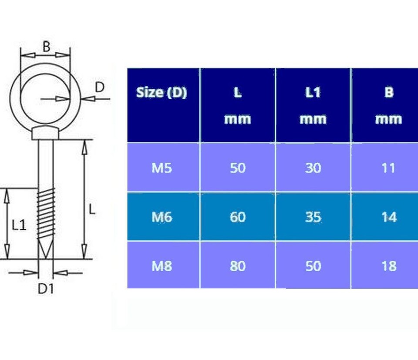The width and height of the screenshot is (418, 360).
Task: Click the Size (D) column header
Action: click(x=162, y=93)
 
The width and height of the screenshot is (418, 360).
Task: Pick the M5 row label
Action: click(x=162, y=168)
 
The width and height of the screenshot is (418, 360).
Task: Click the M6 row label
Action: click(x=162, y=217)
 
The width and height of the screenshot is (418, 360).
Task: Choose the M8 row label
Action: click(x=162, y=266)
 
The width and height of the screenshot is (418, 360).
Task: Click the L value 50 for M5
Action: click(x=238, y=168)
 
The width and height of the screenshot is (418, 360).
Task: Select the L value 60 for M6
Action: click(x=238, y=217)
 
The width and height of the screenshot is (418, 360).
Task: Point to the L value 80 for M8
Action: click(x=238, y=266)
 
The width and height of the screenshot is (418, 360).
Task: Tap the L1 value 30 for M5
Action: click(x=313, y=168)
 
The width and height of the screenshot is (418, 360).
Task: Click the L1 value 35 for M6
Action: click(x=313, y=217)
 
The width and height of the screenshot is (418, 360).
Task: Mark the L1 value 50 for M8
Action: click(x=313, y=266)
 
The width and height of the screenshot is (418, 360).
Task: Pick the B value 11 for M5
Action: click(x=388, y=168)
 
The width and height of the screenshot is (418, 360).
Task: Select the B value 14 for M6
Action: click(x=388, y=217)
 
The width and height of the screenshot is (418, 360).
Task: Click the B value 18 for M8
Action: click(x=388, y=266)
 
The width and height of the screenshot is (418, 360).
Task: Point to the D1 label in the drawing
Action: click(x=45, y=288)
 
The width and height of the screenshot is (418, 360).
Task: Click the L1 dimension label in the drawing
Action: click(x=19, y=225)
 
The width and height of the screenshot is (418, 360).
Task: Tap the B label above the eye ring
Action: click(x=46, y=47)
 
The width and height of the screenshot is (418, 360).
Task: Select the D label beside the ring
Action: click(x=100, y=87)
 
